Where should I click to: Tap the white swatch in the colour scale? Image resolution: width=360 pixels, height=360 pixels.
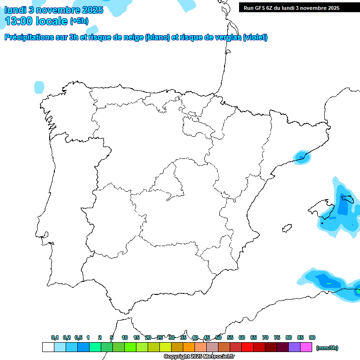[48, 347]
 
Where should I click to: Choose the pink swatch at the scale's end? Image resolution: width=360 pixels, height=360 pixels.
[306, 347]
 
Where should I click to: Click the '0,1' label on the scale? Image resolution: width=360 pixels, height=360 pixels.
[55, 337]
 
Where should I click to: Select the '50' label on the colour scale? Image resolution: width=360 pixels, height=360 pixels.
[218, 337]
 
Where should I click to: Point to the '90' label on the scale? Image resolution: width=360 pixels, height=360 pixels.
[312, 337]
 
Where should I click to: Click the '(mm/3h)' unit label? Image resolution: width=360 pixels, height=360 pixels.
[327, 348]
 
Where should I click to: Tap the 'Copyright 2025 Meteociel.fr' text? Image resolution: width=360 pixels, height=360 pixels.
[199, 356]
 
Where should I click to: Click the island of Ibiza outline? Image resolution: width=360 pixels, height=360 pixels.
[285, 228]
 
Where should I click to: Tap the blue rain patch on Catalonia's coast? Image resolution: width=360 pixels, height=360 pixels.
[301, 157]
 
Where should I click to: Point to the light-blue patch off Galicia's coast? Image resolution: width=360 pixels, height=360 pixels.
[39, 87]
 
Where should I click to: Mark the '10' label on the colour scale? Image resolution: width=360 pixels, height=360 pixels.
[125, 337]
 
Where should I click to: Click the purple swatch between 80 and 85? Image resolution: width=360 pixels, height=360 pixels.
[294, 347]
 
